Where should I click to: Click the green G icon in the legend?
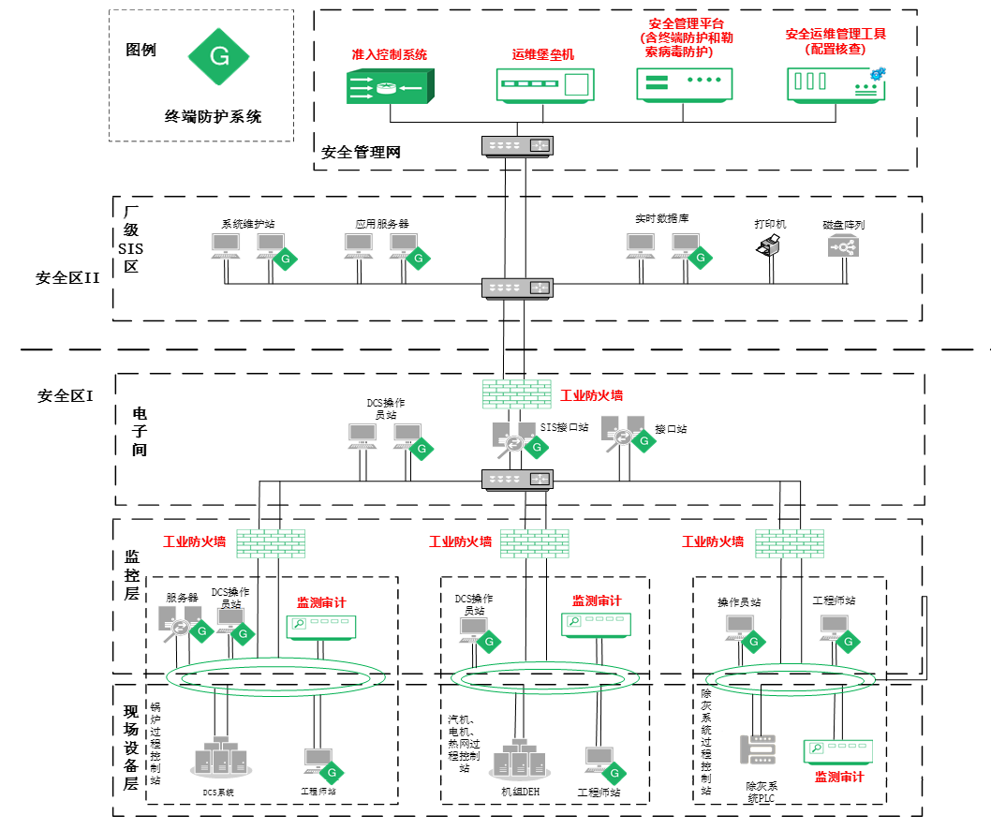(219, 56)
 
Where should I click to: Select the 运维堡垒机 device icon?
(543, 85)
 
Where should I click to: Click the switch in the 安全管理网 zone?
(518, 146)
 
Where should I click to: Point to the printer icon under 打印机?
(769, 246)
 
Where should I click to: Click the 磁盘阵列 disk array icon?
(843, 246)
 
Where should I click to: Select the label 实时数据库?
(661, 218)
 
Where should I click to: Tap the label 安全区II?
(67, 277)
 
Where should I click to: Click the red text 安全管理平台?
(687, 23)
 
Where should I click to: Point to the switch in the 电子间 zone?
(518, 480)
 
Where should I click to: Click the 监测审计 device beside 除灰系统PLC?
(838, 751)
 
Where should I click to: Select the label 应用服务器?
(381, 224)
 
